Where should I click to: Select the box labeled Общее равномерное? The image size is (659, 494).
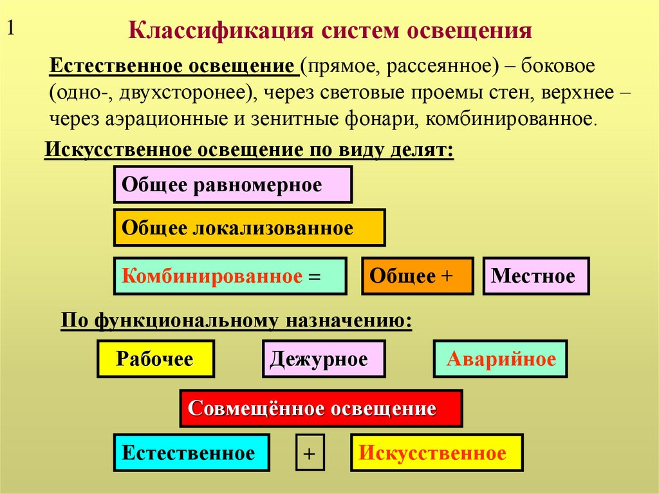click(232, 185)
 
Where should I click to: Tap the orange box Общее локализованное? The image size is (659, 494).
click(249, 227)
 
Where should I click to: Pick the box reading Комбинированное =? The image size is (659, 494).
click(230, 276)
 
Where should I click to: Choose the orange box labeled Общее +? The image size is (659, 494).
click(417, 276)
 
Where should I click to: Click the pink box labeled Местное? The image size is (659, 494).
click(535, 276)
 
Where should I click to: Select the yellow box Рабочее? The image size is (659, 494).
click(155, 359)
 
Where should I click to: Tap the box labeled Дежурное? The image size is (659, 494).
click(323, 359)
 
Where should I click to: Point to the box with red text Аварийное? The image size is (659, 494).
click(501, 359)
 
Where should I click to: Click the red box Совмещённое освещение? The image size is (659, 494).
click(320, 408)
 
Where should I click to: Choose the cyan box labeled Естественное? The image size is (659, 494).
click(191, 453)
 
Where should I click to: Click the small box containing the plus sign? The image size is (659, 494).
click(310, 453)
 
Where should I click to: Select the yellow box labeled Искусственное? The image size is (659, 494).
click(436, 453)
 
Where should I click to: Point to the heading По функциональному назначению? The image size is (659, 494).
click(236, 320)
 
